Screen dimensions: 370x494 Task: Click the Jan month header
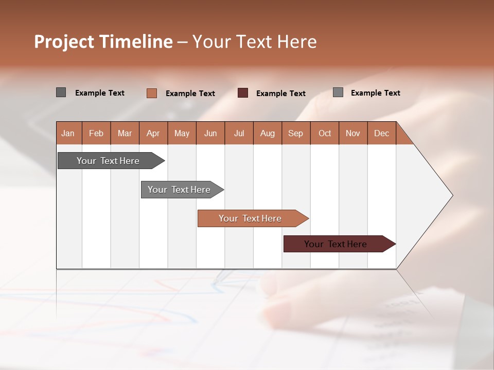click(68, 134)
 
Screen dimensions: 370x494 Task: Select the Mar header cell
click(125, 134)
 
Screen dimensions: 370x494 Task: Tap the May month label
click(182, 134)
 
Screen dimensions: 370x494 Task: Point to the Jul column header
click(239, 134)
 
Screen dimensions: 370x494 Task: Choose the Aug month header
click(267, 134)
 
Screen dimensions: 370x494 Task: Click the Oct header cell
click(325, 134)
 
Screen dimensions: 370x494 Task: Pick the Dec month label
click(381, 134)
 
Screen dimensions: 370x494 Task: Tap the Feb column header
click(96, 134)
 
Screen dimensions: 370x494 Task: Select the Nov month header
click(353, 134)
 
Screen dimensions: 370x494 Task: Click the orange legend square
click(152, 93)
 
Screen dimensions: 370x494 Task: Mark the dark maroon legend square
click(243, 93)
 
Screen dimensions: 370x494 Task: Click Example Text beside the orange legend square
click(190, 94)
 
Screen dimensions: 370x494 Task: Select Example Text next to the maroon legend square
click(281, 94)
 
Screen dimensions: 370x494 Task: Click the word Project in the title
click(64, 42)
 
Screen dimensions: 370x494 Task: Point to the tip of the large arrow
click(451, 195)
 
